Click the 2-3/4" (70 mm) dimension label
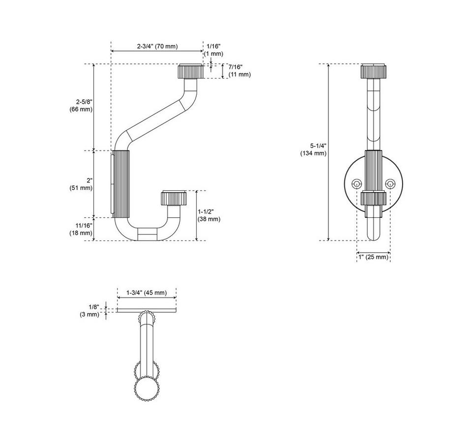click(157, 46)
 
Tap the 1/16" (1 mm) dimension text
click(213, 50)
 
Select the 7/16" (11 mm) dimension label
click(239, 71)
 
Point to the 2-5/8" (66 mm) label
click(81, 106)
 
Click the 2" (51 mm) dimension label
click(81, 184)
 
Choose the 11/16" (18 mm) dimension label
click(81, 229)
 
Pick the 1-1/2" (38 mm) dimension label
click(209, 215)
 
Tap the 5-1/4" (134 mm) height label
click(313, 149)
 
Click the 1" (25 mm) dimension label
click(374, 257)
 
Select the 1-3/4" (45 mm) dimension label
click(146, 293)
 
